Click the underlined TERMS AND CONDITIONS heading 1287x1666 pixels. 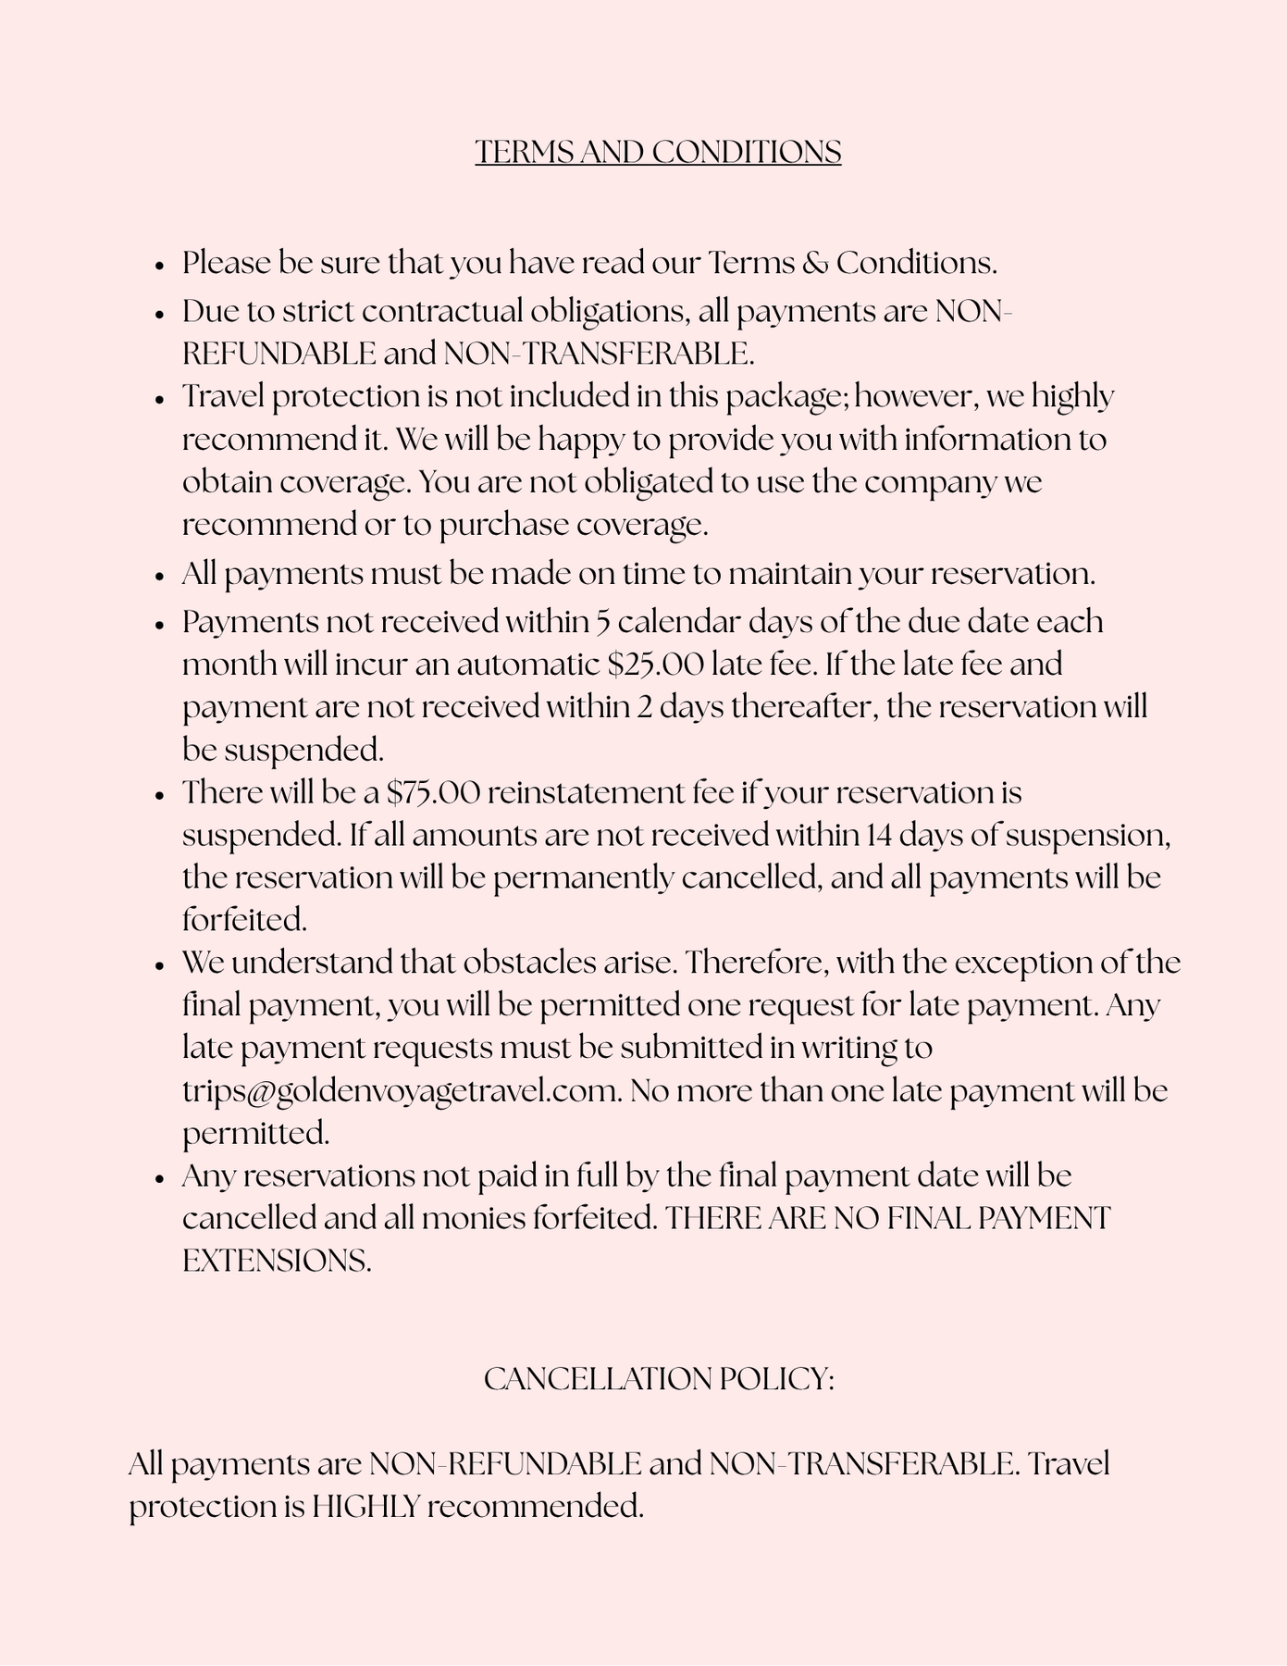pyautogui.click(x=658, y=152)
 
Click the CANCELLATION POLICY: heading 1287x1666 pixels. pyautogui.click(x=659, y=1379)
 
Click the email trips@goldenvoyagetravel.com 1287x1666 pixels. pyautogui.click(x=401, y=1091)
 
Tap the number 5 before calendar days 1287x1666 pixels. pyautogui.click(x=601, y=622)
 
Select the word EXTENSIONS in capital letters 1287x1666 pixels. pyautogui.click(x=277, y=1262)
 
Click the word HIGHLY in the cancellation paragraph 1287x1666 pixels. pyautogui.click(x=365, y=1507)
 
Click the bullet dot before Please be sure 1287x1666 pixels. pyautogui.click(x=160, y=266)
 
